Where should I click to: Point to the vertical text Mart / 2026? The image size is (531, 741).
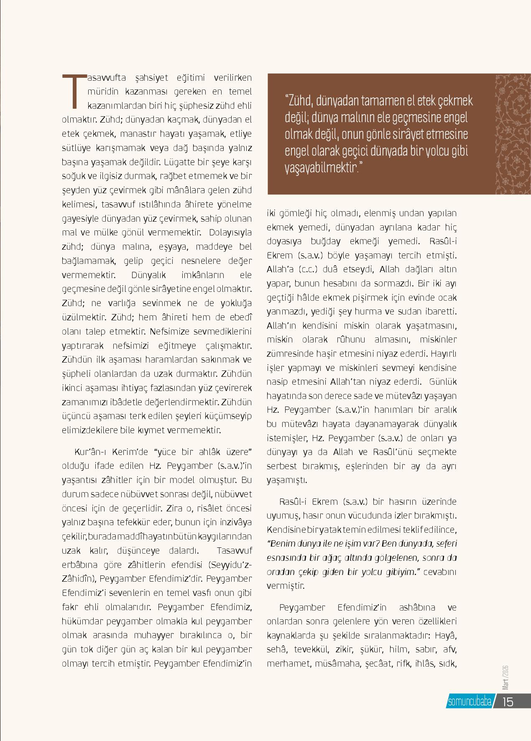(x=505, y=678)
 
